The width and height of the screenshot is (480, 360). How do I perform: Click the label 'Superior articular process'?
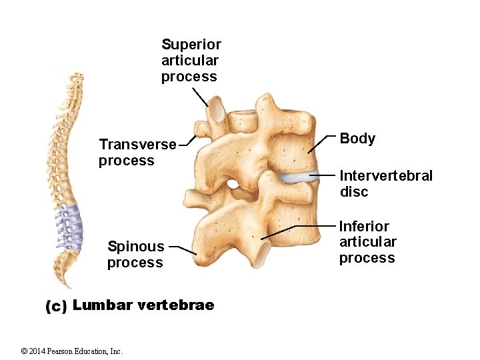tap(191, 61)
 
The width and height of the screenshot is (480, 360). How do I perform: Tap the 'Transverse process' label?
tap(137, 152)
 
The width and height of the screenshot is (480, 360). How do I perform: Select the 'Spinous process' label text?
tap(135, 255)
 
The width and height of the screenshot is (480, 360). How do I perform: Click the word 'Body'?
tap(357, 139)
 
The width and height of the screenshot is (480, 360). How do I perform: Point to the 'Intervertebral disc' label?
tap(385, 183)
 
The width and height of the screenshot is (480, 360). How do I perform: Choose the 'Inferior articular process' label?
tap(367, 242)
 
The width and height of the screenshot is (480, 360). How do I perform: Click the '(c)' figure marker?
tap(56, 306)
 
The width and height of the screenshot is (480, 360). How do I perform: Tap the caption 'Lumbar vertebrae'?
tap(143, 305)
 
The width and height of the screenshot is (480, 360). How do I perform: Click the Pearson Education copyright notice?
tap(72, 351)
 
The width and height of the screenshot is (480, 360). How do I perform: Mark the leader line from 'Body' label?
tap(322, 143)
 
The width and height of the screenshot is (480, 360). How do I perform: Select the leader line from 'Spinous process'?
tap(183, 249)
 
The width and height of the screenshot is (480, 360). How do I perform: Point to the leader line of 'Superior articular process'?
tap(200, 97)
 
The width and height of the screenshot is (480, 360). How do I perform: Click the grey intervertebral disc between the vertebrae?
tap(293, 177)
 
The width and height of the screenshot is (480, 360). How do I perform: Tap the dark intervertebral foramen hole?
tap(232, 183)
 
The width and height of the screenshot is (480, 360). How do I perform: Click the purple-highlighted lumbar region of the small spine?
tap(68, 227)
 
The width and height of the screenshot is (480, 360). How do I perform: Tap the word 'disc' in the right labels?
tap(353, 192)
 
